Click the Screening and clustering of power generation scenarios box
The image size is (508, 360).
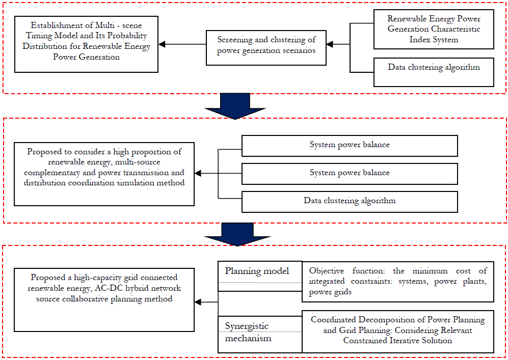click(266, 48)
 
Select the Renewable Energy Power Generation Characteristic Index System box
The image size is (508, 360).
click(434, 30)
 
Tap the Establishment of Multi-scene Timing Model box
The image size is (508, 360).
click(86, 44)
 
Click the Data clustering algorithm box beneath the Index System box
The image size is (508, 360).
click(434, 72)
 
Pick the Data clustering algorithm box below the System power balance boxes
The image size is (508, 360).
click(350, 202)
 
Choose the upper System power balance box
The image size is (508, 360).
click(350, 146)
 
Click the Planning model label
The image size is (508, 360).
click(257, 271)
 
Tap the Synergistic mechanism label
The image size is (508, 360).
click(248, 332)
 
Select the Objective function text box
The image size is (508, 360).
click(398, 282)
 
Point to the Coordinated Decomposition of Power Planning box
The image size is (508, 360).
click(398, 331)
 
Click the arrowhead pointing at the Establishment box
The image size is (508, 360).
click(162, 44)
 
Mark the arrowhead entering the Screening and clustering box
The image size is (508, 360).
click(330, 44)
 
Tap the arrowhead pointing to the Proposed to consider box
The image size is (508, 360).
click(198, 174)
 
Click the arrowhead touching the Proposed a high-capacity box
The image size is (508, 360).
click(198, 302)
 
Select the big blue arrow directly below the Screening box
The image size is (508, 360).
click(235, 106)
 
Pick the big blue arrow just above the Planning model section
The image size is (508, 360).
click(237, 234)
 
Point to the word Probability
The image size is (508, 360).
click(127, 36)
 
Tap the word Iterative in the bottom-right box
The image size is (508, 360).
click(407, 341)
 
